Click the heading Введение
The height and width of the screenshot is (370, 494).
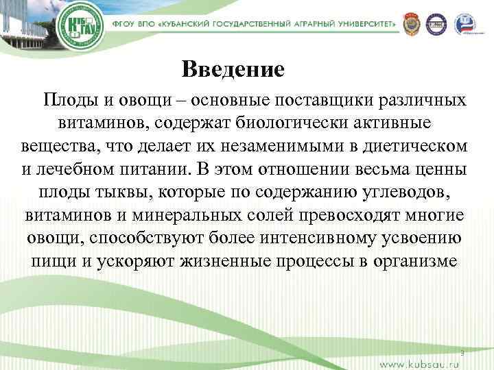tap(233, 70)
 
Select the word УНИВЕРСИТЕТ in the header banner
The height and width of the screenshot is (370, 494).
tap(363, 23)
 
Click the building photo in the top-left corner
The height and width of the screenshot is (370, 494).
tap(24, 24)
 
